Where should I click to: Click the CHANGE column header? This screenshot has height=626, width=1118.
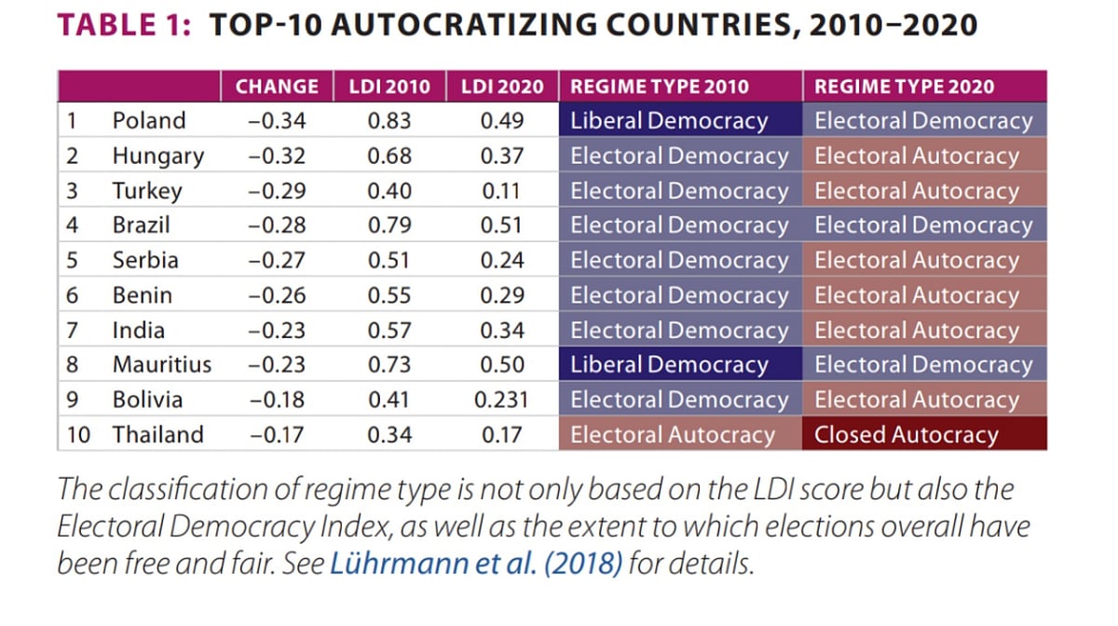[x=277, y=87]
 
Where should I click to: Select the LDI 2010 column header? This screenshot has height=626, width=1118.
[x=389, y=87]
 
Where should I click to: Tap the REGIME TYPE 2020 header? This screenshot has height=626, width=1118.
[x=904, y=87]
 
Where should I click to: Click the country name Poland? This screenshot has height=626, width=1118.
[x=148, y=120]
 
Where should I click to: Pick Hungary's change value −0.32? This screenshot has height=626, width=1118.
[x=277, y=156]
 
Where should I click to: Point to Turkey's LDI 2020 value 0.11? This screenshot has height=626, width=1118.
[x=502, y=191]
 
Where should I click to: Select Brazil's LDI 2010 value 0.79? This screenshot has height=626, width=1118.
[x=389, y=225]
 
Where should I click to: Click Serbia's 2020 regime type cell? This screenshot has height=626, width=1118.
[x=917, y=261]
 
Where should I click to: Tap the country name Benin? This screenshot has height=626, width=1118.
[x=142, y=295]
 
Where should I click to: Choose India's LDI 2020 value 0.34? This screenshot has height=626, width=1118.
[x=502, y=331]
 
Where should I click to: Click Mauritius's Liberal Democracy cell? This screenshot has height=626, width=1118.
[x=669, y=365]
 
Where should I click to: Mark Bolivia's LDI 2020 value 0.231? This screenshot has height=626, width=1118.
[x=502, y=401]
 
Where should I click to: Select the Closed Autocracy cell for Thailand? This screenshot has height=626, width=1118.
[x=906, y=435]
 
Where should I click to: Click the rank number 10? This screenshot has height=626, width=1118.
[x=78, y=435]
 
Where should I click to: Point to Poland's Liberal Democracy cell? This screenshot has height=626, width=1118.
[x=669, y=120]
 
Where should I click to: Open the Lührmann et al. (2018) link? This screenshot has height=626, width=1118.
[x=476, y=565]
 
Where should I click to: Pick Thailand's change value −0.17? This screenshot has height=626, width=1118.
[x=277, y=435]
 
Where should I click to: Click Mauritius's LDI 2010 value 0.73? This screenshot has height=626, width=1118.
[x=389, y=365]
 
